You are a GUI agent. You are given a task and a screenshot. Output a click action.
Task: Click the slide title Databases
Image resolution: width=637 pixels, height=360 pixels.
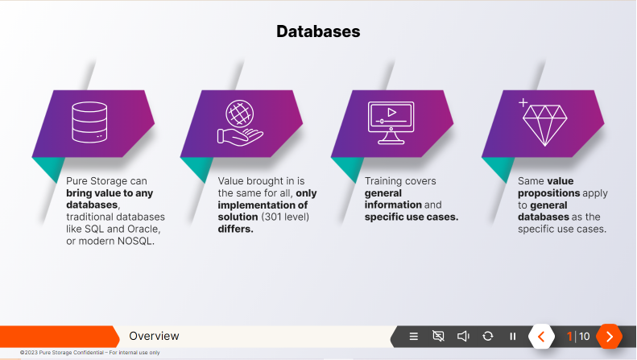(x=318, y=31)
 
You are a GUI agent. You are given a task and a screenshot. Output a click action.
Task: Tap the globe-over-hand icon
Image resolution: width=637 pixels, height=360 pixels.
(x=239, y=122)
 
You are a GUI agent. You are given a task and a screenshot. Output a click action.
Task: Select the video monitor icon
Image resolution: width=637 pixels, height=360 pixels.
(x=391, y=122)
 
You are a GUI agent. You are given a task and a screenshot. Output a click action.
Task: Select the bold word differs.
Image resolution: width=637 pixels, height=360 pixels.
(x=236, y=229)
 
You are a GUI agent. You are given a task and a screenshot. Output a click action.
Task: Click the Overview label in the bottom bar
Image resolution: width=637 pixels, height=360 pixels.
(x=154, y=336)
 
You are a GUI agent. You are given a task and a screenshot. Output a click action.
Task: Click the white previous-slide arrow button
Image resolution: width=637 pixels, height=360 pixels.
(x=541, y=336)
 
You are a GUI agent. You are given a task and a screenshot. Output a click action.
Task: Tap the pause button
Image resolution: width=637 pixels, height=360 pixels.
(x=513, y=336)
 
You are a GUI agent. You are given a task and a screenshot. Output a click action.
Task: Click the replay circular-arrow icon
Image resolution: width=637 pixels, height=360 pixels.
(x=488, y=336)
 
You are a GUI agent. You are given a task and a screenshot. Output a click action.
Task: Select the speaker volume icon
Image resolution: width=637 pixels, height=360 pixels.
(x=463, y=336)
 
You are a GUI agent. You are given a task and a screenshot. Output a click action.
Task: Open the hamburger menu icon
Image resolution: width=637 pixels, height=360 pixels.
(x=414, y=336)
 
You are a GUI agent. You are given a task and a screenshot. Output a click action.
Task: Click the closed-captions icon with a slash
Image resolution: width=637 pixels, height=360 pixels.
(x=438, y=336)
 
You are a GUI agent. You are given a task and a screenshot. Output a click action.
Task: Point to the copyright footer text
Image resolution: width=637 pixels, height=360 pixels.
(x=90, y=353)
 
